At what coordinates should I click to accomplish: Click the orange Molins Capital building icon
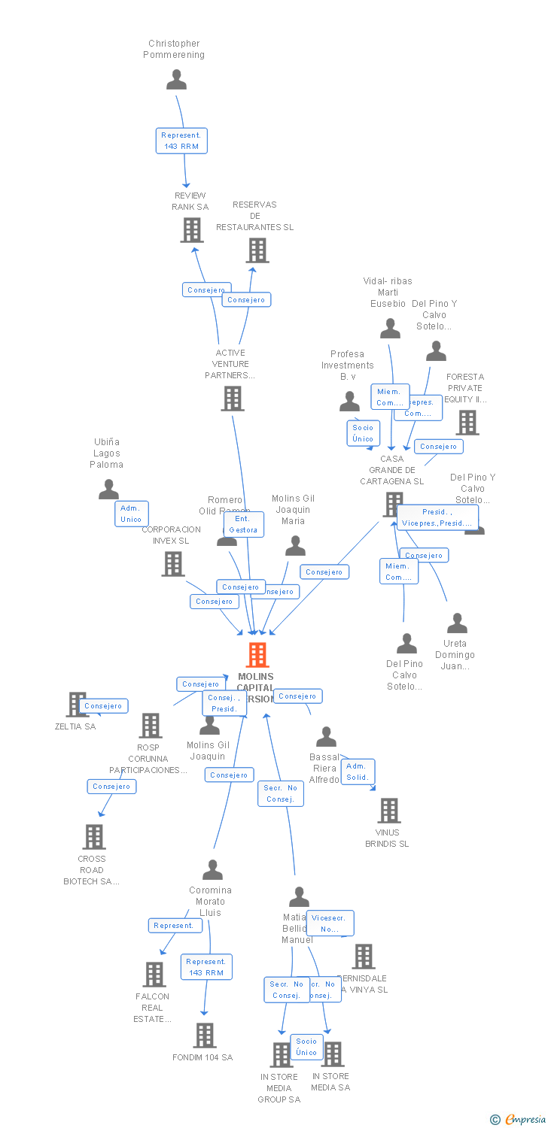[x=257, y=655]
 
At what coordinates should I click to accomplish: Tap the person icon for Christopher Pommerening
[x=176, y=79]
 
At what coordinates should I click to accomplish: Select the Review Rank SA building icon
[x=192, y=230]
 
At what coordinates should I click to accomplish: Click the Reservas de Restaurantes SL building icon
[x=257, y=250]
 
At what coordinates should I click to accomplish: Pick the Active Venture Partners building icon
[x=233, y=399]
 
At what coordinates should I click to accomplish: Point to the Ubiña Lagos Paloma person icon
[x=108, y=490]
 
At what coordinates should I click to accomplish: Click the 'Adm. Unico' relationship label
[x=132, y=514]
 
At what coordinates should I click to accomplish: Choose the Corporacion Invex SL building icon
[x=173, y=563]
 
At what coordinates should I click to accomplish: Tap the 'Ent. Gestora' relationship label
[x=243, y=524]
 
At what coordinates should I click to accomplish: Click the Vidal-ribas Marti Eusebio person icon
[x=390, y=329]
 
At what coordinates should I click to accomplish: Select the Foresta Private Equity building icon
[x=467, y=423]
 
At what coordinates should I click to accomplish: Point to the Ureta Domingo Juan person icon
[x=457, y=623]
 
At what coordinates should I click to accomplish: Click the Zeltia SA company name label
[x=75, y=726]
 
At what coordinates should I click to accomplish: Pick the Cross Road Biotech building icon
[x=93, y=836]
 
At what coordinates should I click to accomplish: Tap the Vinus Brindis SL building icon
[x=388, y=811]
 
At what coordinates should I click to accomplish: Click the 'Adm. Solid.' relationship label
[x=358, y=772]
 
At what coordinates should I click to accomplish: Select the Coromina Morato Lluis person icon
[x=212, y=870]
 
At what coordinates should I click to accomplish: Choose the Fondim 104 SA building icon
[x=205, y=1036]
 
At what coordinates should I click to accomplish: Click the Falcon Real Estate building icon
[x=154, y=975]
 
